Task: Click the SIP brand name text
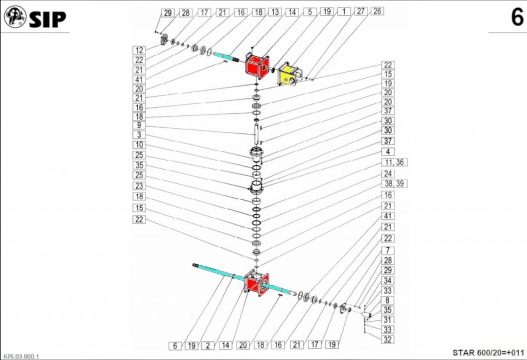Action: pyautogui.click(x=48, y=20)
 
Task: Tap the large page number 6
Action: pyautogui.click(x=517, y=17)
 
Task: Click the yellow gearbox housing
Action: pyautogui.click(x=289, y=74)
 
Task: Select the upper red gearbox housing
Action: pyautogui.click(x=257, y=65)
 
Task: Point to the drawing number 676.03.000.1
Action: pyautogui.click(x=22, y=356)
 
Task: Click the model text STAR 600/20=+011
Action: pyautogui.click(x=488, y=353)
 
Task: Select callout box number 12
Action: pyautogui.click(x=139, y=50)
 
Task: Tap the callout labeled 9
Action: pyautogui.click(x=139, y=126)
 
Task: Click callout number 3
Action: pyautogui.click(x=139, y=135)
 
